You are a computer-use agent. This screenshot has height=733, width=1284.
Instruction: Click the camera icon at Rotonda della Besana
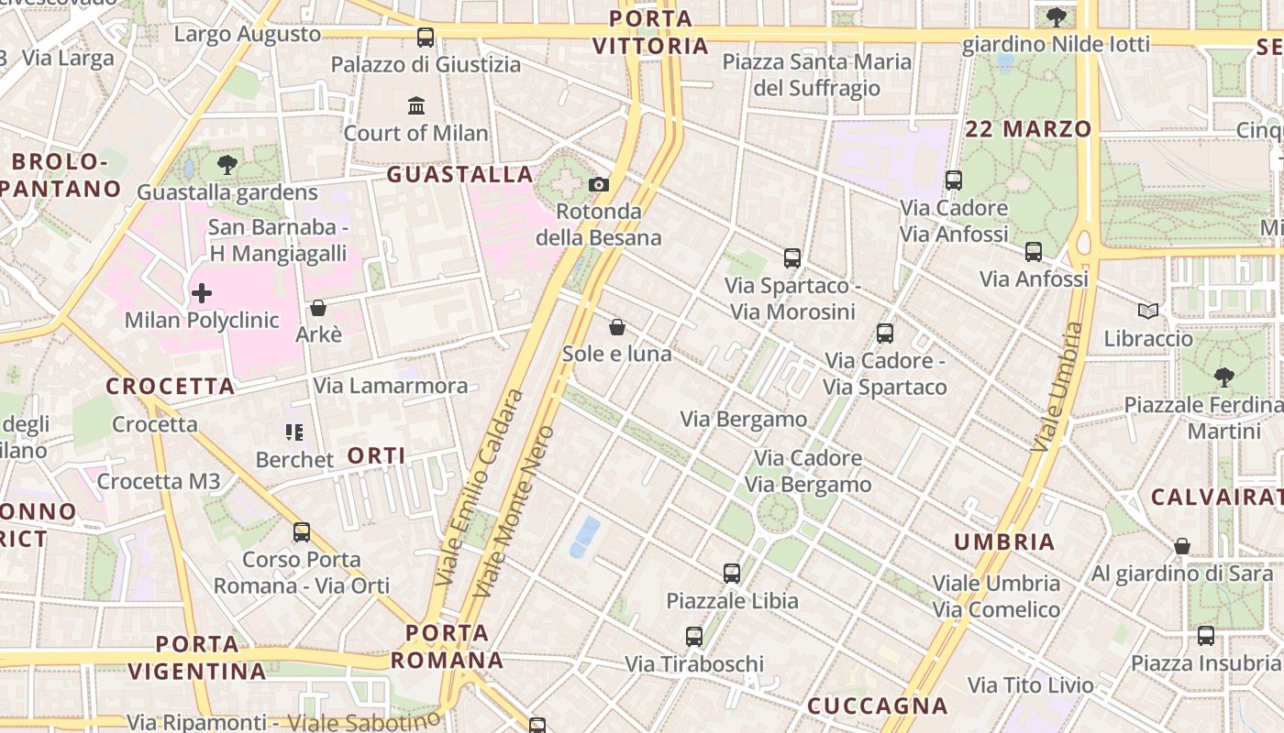[x=599, y=184]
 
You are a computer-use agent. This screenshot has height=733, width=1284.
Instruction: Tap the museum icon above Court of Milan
[x=416, y=105]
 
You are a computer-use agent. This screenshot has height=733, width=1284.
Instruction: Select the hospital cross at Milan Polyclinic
[x=202, y=293]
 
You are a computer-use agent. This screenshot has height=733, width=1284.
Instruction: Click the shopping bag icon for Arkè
[x=318, y=308]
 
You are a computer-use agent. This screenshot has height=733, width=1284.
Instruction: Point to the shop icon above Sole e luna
[x=617, y=327]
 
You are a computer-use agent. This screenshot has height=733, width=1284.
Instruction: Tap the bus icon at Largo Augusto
[x=426, y=38]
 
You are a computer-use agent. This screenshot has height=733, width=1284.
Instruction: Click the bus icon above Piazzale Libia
[x=731, y=574]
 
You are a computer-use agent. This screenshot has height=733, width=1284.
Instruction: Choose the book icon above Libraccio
[x=1148, y=312]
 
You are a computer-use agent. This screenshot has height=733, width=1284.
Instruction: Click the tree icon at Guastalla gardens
[x=227, y=165]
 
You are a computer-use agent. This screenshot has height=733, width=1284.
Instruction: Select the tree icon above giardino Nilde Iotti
[x=1057, y=16]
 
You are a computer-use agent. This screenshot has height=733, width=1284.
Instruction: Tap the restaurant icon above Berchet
[x=294, y=432]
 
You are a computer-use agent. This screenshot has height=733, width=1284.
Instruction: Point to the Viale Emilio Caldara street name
[x=479, y=487]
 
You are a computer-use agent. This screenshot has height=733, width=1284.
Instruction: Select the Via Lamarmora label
[x=391, y=386]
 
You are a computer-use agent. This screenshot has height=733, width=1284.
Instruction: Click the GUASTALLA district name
[x=459, y=174]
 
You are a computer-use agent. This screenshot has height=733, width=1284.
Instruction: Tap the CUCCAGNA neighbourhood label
[x=877, y=706]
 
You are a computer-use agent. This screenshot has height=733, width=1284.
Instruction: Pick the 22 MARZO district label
[x=1028, y=129]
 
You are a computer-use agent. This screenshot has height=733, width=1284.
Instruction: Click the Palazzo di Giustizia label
[x=426, y=64]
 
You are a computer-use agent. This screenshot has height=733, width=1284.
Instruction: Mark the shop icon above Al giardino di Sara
[x=1182, y=547]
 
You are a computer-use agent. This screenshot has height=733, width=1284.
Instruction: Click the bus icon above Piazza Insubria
[x=1205, y=636]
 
